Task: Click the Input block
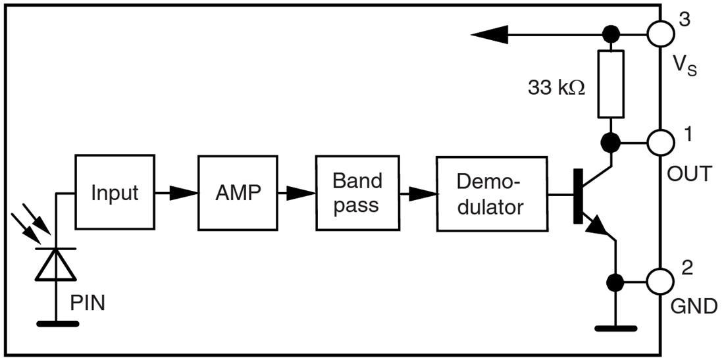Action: (x=115, y=192)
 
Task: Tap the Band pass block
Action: (x=357, y=193)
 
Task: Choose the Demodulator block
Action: (x=491, y=193)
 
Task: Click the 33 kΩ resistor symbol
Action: (x=611, y=84)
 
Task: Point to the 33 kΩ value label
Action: (x=556, y=88)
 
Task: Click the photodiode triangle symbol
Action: (x=55, y=265)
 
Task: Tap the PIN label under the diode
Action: (x=87, y=303)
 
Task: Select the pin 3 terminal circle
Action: (x=660, y=32)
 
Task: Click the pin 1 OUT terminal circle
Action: (x=660, y=141)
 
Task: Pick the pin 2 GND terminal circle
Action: (x=660, y=282)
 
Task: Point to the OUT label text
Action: (x=689, y=174)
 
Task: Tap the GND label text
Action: (x=693, y=306)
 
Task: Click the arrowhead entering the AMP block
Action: (x=186, y=193)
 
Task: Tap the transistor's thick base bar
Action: (x=578, y=195)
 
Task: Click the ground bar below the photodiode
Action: (x=58, y=323)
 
